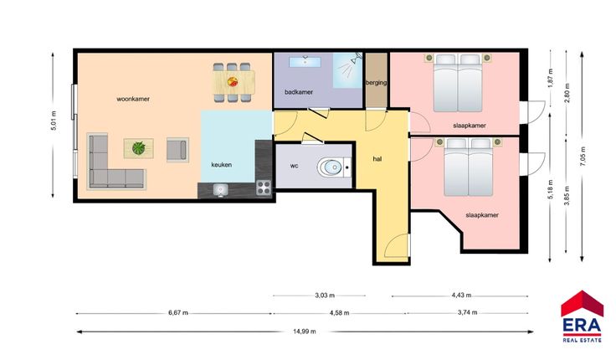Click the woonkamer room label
[133, 99]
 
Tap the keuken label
[221, 165]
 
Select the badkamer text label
[299, 92]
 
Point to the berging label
[377, 83]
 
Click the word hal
[377, 159]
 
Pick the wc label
[295, 166]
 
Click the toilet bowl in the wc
[330, 167]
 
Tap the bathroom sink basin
[305, 62]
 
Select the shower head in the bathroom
[357, 58]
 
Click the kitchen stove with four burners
[264, 188]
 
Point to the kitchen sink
[220, 190]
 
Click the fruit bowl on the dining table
[233, 82]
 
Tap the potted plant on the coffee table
[139, 148]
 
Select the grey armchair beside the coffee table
[177, 150]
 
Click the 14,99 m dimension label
[305, 332]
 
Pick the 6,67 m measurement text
[178, 313]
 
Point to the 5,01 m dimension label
[54, 121]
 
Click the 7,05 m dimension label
[583, 157]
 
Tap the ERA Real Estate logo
[583, 316]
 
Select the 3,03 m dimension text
[325, 296]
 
